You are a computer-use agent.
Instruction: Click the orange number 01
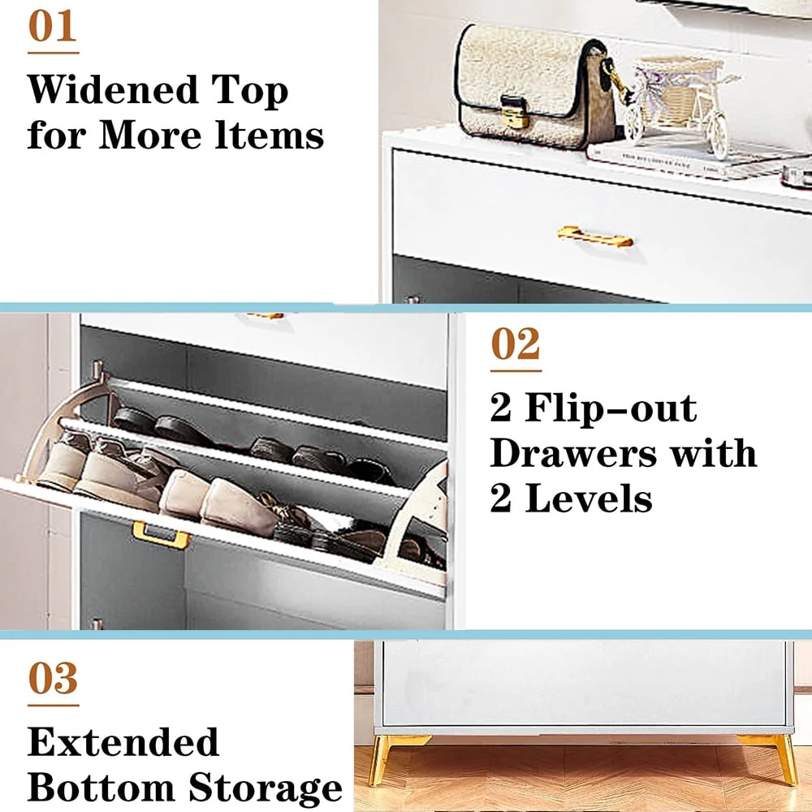point(52,26)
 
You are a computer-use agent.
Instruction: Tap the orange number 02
point(516,343)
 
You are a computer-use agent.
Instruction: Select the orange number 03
point(53,678)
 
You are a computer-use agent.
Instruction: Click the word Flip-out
point(611,408)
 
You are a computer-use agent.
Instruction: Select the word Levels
point(589,499)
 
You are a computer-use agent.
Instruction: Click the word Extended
point(123,741)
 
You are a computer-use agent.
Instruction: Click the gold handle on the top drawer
point(595,236)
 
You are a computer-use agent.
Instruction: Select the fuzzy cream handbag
point(536,87)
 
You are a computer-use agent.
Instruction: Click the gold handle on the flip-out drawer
point(160,535)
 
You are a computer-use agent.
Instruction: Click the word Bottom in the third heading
point(101,788)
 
